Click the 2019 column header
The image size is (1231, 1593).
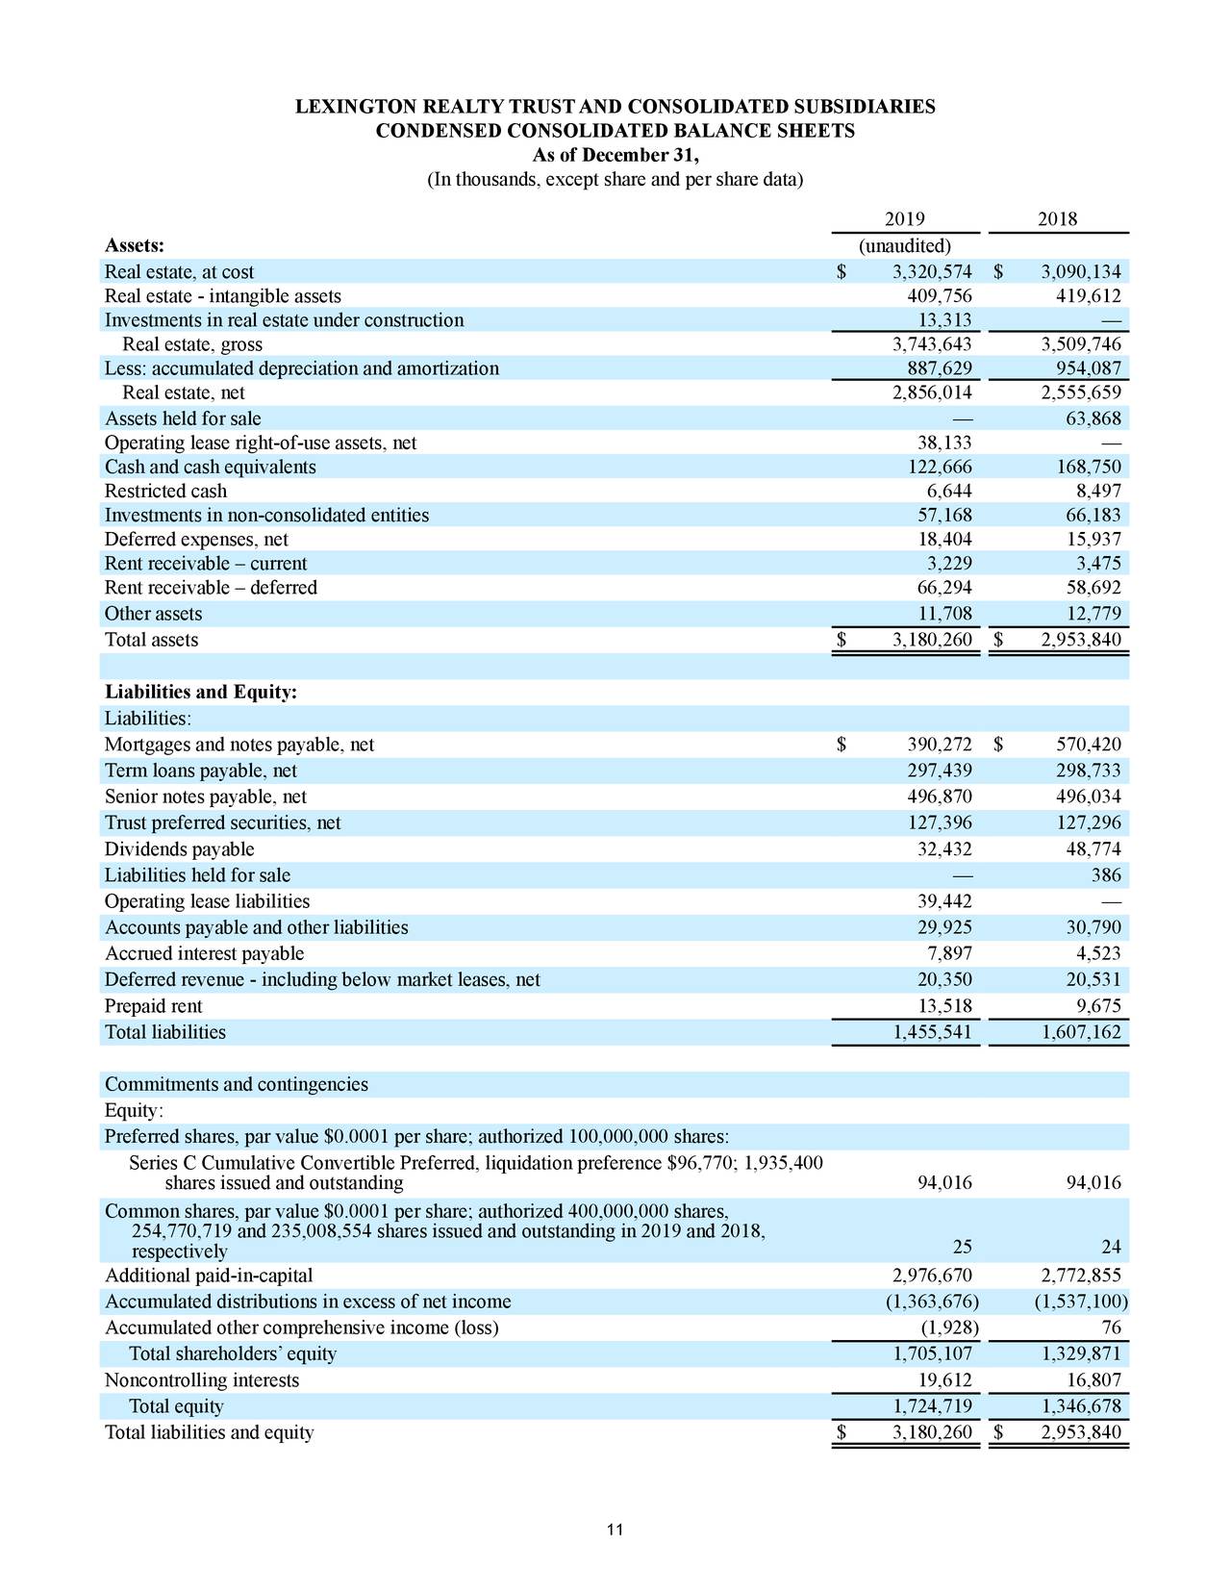tap(903, 219)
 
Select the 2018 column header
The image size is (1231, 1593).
tap(1057, 219)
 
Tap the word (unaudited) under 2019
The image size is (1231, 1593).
tap(904, 246)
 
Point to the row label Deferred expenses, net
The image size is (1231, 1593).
tap(196, 540)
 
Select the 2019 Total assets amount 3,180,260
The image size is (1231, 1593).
tap(932, 641)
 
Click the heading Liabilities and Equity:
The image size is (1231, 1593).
tap(201, 693)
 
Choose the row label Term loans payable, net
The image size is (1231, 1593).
tap(200, 771)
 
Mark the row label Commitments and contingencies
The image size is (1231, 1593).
tap(236, 1084)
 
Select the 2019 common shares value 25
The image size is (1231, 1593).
tap(961, 1248)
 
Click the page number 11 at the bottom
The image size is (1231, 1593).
tap(615, 1530)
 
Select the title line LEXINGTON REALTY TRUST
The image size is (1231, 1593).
tap(615, 107)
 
